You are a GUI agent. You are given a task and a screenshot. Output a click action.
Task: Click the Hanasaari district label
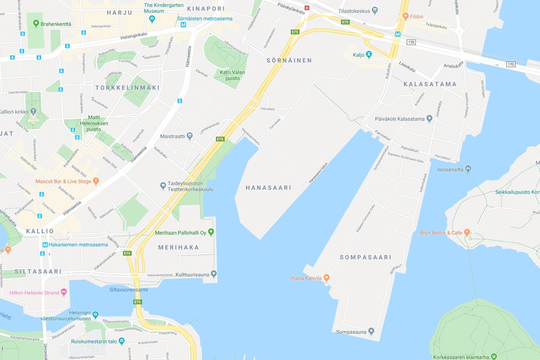(269, 188)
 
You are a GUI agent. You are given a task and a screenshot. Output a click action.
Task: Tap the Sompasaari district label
(365, 257)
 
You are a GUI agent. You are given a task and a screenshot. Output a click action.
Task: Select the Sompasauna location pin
(371, 332)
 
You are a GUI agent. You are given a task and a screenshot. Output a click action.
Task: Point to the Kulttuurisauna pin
(214, 274)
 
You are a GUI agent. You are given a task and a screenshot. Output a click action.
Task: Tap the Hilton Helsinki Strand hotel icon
(63, 292)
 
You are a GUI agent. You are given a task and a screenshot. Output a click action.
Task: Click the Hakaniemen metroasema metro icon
(45, 245)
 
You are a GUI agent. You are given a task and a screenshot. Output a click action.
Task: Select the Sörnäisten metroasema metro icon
(183, 25)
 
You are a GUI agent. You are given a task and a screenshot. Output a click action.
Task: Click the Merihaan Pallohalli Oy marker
(211, 232)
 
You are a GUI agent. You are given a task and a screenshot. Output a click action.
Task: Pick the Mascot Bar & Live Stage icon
(95, 182)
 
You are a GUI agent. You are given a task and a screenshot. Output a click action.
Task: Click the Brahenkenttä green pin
(36, 22)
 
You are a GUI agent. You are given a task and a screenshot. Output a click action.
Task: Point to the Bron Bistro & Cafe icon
(467, 233)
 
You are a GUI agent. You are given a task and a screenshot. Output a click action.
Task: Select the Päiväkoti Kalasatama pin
(429, 119)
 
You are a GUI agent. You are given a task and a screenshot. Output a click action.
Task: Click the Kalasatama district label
(430, 84)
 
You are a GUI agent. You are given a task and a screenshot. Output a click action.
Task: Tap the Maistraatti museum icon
(189, 135)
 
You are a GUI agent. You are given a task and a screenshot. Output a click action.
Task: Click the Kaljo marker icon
(369, 55)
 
